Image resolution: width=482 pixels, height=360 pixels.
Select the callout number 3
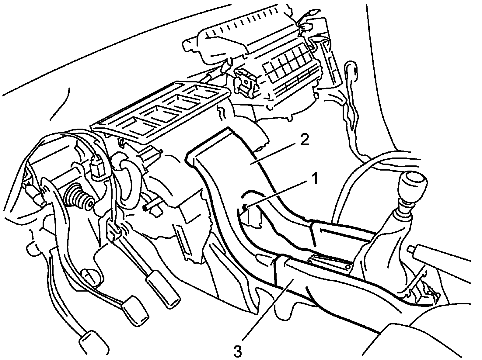point(238,351)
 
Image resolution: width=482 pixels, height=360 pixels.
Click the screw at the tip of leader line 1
point(245,208)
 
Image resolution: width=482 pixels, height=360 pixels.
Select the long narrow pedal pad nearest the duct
point(163,289)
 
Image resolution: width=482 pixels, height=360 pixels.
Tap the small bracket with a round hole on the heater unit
point(245,82)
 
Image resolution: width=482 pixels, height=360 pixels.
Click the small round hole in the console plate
point(347,267)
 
